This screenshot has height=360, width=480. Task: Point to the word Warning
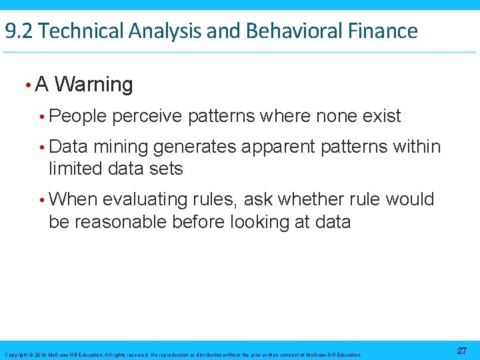(x=94, y=85)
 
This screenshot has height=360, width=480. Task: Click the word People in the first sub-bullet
(x=77, y=116)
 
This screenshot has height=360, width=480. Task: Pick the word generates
(x=197, y=147)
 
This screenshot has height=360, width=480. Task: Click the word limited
(x=70, y=169)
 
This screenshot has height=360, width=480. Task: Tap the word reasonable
(x=120, y=221)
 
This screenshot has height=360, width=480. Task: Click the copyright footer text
(x=183, y=355)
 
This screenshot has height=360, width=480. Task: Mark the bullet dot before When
(x=42, y=199)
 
